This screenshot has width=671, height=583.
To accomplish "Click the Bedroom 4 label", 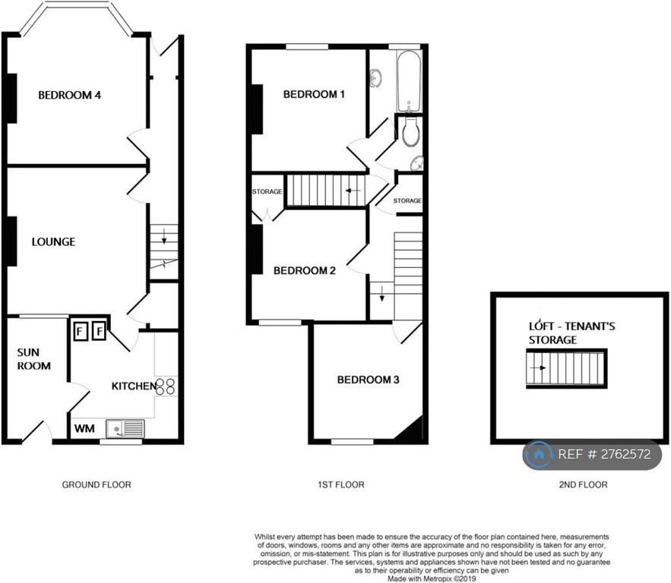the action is coord(69,95).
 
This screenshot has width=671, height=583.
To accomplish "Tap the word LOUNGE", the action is coord(53,242).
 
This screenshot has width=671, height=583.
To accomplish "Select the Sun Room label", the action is coord(33,359).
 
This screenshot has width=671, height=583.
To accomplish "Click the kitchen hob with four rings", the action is coord(166,386).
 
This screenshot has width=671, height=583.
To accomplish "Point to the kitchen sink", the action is coord(126,428).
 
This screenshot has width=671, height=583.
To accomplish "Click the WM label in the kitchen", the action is coord(84,428).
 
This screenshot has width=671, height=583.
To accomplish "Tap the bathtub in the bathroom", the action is coord(409,80).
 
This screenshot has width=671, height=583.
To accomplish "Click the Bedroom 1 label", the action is coord(314,94).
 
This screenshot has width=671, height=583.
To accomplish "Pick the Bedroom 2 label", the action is coord(304,270).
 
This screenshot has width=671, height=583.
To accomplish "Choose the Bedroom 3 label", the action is coord(368,380).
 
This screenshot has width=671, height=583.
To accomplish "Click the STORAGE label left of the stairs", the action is coord(267,191).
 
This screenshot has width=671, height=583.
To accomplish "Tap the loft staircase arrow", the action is coord(538,367).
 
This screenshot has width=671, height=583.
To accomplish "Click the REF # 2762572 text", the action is coord(604,454).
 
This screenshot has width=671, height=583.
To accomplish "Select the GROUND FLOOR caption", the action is coord(97,484).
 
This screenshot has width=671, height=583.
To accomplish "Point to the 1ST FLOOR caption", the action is coord(341,484).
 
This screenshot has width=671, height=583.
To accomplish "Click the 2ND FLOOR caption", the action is coord(583,484).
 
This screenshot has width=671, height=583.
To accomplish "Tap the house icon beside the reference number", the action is coord(539,454).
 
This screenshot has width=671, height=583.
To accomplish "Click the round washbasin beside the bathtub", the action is coord(376,78).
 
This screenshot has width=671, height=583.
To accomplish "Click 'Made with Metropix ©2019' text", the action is coord(432,578).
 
